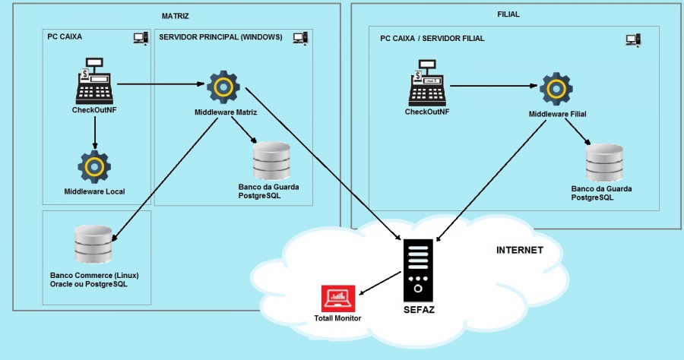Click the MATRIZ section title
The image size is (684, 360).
click(x=176, y=16)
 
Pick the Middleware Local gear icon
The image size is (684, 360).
click(x=95, y=166)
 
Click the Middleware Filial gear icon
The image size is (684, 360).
click(x=556, y=89)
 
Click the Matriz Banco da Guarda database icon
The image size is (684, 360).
click(x=271, y=160)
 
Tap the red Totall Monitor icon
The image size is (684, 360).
click(x=338, y=298)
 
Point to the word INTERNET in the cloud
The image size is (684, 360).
click(x=519, y=250)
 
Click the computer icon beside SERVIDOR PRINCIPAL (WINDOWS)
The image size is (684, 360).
click(x=299, y=37)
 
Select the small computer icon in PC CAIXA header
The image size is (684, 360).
click(x=140, y=37)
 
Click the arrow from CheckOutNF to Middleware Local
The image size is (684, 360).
click(x=95, y=133)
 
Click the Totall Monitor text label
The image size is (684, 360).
click(x=337, y=318)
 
